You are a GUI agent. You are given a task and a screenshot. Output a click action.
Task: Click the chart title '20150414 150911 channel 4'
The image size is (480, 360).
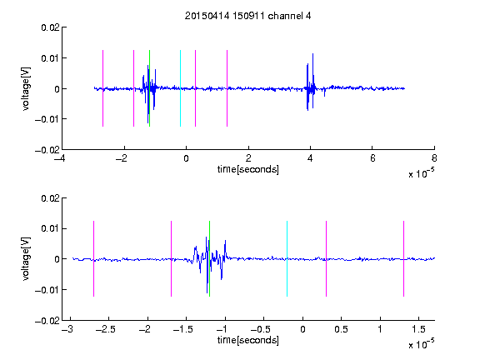[x=247, y=16]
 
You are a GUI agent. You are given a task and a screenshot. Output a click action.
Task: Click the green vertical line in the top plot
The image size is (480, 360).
[x=149, y=88]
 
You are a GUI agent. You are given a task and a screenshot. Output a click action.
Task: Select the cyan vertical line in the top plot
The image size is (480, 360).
[x=180, y=88]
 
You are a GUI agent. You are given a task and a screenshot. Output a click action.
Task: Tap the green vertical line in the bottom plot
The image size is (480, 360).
[x=209, y=258]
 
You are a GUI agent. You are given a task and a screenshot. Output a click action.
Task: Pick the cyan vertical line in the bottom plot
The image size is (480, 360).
[x=287, y=258]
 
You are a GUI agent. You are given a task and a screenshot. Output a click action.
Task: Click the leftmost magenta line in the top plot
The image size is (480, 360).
[x=102, y=88]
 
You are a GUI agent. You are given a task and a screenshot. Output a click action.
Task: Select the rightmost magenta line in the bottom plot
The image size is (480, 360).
[x=403, y=258]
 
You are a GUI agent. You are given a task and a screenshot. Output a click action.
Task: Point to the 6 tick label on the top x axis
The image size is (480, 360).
[x=372, y=158]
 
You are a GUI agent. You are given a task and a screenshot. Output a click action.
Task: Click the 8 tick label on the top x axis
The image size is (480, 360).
[x=434, y=158]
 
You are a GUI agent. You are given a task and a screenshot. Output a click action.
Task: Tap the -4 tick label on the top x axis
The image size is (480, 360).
[x=59, y=158]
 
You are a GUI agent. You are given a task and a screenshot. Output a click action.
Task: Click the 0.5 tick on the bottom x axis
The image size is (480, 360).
[x=341, y=329]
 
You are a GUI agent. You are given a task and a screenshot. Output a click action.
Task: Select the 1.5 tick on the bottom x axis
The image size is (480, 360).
[x=418, y=329]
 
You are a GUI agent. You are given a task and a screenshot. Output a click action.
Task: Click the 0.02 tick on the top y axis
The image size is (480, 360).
[x=51, y=27]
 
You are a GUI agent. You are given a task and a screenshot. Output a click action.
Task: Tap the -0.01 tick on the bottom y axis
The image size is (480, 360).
[x=47, y=290]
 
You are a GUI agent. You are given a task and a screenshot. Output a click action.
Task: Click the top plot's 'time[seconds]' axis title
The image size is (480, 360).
[x=248, y=169]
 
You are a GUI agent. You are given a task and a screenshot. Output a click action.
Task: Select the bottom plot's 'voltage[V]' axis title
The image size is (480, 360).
[x=27, y=258]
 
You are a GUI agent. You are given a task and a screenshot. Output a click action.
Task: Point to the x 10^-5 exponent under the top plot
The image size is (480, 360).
[x=421, y=173]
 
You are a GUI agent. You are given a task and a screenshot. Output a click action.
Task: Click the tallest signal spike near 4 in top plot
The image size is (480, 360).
[x=312, y=81]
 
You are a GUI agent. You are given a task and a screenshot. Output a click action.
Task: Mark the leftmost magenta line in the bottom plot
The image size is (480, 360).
[x=93, y=258]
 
